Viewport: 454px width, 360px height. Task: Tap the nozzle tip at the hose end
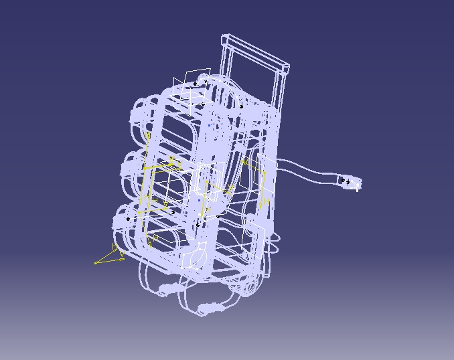click(354, 183)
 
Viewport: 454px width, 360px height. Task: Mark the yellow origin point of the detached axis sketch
click(96, 262)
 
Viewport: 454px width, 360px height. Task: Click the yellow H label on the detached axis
click(115, 247)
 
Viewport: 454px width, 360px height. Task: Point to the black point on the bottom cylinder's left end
click(129, 219)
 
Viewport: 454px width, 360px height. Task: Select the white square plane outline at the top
click(191, 84)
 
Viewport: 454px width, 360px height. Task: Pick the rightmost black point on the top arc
click(241, 106)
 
